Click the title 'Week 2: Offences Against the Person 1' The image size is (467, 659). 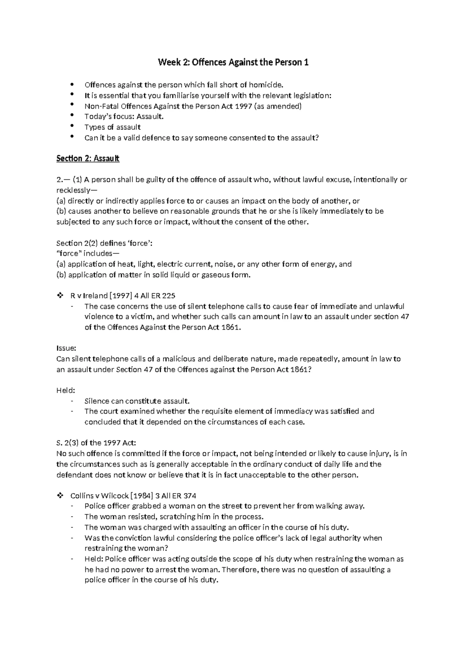[233, 62]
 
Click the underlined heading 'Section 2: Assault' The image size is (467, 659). [88, 159]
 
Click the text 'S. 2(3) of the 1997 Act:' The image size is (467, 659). [97, 443]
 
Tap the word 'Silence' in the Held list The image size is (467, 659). [97, 401]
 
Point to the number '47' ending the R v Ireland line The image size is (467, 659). [405, 317]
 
